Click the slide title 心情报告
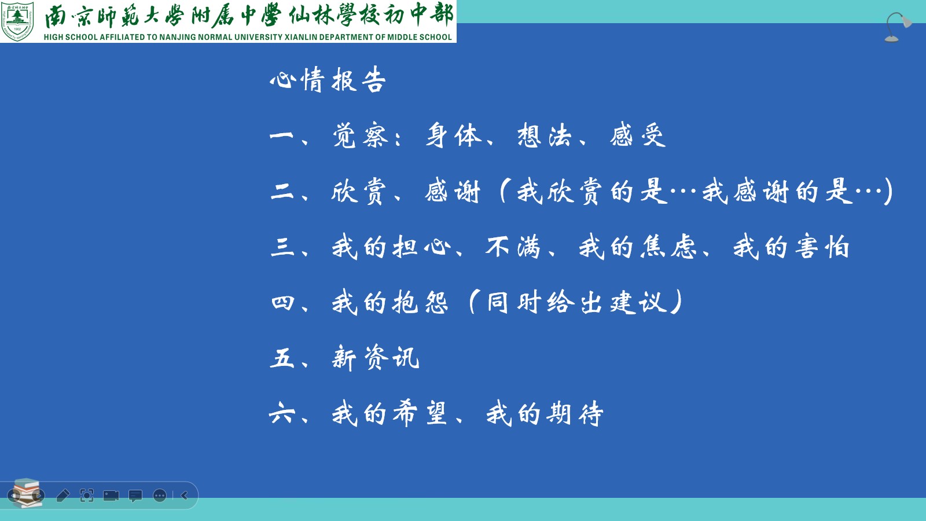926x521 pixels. click(x=328, y=79)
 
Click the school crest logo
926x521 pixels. click(x=17, y=21)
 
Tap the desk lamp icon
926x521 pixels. click(x=897, y=27)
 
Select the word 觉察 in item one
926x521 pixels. click(x=361, y=135)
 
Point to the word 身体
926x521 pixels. click(x=454, y=135)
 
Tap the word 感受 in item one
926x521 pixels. click(x=638, y=135)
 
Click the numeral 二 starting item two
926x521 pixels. click(x=282, y=192)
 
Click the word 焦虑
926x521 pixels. click(x=668, y=247)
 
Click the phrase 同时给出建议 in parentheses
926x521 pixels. click(x=577, y=302)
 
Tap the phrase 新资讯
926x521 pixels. click(x=376, y=358)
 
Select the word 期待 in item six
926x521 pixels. click(x=575, y=413)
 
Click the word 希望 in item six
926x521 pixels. click(x=420, y=413)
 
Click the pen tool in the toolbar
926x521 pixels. click(x=63, y=495)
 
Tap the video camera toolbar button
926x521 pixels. click(x=111, y=496)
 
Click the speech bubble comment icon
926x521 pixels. click(x=135, y=496)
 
